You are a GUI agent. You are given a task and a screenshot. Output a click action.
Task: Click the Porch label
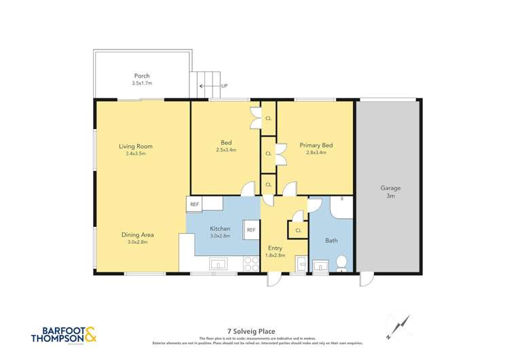click(x=142, y=75)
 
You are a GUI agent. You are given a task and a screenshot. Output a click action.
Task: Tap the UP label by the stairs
click(x=224, y=86)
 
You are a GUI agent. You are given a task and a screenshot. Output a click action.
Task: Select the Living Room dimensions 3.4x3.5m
click(x=136, y=154)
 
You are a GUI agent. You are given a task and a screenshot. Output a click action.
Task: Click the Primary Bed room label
click(x=316, y=145)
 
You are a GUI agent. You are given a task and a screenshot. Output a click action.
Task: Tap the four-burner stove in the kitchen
click(x=251, y=264)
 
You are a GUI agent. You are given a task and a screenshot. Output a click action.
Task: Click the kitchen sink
click(x=219, y=264)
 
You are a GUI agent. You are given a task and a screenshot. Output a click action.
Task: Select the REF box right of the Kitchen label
click(x=250, y=230)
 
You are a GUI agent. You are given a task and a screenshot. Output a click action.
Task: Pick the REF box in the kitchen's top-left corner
click(x=195, y=204)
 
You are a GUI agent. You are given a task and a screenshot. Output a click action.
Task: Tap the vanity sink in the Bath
click(x=321, y=264)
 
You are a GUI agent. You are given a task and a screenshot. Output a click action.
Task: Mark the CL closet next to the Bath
click(x=297, y=231)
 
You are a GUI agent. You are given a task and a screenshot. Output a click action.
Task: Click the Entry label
click(x=275, y=248)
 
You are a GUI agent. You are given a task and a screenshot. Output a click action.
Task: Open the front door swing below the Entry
click(x=274, y=280)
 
